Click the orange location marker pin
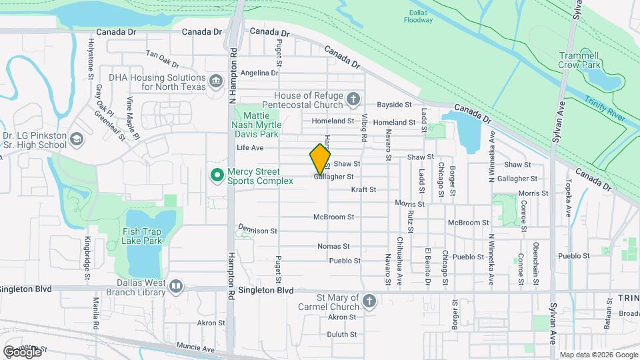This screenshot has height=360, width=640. (x=321, y=159)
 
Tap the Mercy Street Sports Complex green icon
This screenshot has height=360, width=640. (x=217, y=175)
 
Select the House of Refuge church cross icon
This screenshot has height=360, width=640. (x=354, y=100)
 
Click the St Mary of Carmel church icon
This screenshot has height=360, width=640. (x=369, y=301)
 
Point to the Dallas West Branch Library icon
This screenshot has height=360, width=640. (x=176, y=287)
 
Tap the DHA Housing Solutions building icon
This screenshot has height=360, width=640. (x=215, y=82)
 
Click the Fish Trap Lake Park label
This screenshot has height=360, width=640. (x=142, y=236)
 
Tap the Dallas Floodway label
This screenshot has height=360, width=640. (x=418, y=16)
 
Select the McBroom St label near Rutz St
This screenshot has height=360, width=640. (x=469, y=223)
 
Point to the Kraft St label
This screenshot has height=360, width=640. (x=364, y=189)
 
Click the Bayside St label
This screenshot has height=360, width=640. (x=395, y=105)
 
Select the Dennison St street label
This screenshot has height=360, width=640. (x=256, y=230)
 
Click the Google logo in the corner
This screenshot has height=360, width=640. (x=22, y=351)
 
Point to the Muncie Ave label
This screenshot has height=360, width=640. (x=196, y=347)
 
